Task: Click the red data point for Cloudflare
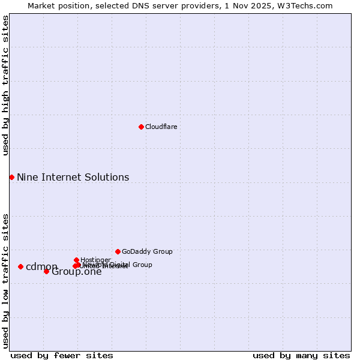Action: point(141,127)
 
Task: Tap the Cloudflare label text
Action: point(161,127)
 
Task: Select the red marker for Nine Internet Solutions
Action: point(11,177)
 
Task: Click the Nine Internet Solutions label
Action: point(73,177)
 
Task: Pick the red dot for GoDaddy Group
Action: point(118,251)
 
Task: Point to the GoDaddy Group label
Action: point(147,251)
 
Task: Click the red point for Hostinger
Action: point(76,260)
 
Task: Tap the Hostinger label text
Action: point(95,260)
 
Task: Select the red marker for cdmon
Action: point(20,266)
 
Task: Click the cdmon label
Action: point(41,267)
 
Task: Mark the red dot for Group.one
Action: point(46,271)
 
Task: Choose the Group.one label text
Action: point(77,272)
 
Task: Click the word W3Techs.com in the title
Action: point(309,5)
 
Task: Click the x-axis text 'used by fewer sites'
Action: point(62,355)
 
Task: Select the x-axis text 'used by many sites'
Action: point(301,355)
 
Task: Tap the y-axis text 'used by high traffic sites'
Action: point(5,85)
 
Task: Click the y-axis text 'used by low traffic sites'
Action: point(5,281)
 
